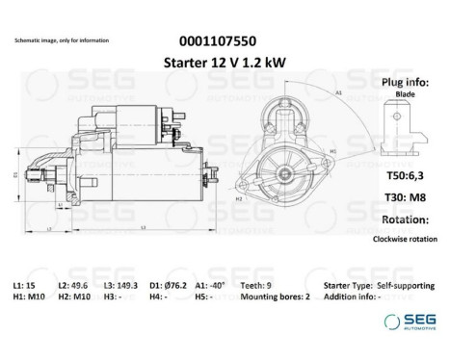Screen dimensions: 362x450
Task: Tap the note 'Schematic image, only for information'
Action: (x=62, y=40)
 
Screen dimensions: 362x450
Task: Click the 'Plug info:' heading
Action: (x=408, y=83)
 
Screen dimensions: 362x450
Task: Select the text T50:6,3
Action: (x=407, y=176)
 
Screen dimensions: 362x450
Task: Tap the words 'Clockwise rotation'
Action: (x=407, y=242)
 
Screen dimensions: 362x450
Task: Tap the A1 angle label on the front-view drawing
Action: (x=339, y=92)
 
